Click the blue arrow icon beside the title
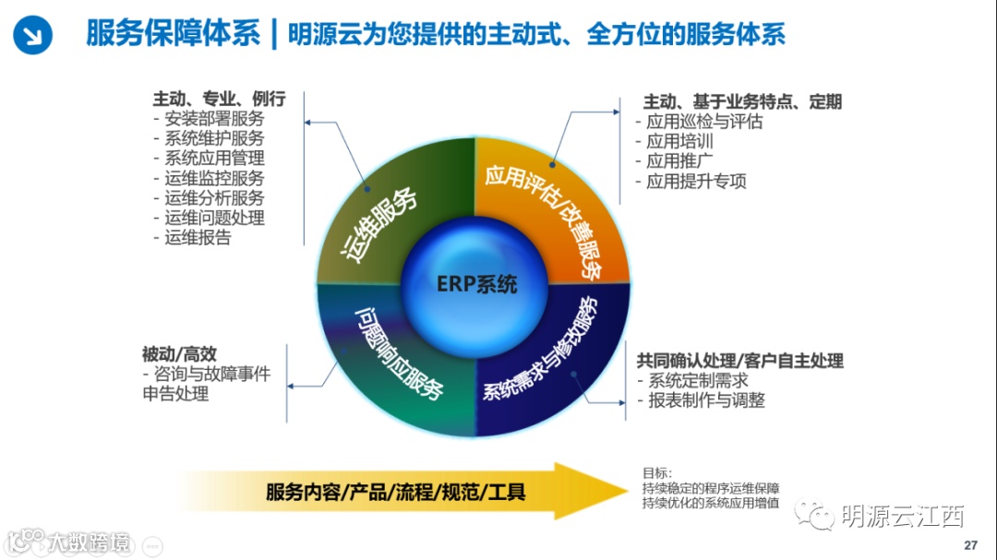[33, 35]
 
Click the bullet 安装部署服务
[213, 118]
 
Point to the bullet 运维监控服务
[213, 178]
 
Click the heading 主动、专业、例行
[219, 98]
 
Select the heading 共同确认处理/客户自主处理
[739, 360]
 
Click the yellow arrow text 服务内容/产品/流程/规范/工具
[395, 491]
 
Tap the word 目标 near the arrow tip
[658, 472]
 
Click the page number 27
[969, 543]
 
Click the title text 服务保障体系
[173, 34]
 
